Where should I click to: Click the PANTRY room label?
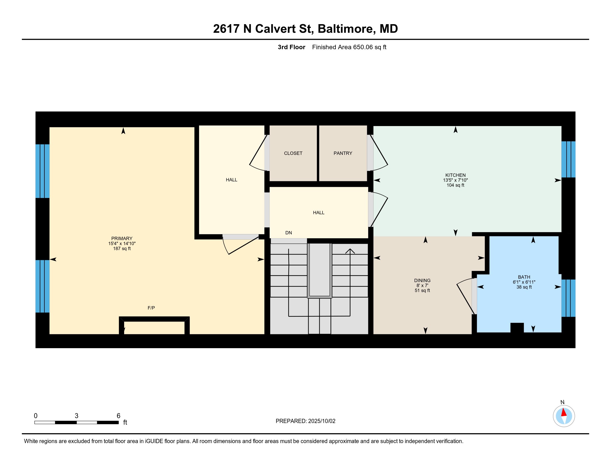pyautogui.click(x=343, y=153)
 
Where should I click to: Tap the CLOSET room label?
pyautogui.click(x=293, y=153)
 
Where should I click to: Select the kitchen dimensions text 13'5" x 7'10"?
pyautogui.click(x=455, y=180)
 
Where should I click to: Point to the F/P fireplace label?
pyautogui.click(x=151, y=308)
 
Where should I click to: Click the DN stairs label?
pyautogui.click(x=289, y=233)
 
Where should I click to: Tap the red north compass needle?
pyautogui.click(x=564, y=413)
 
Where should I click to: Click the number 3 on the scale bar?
pyautogui.click(x=76, y=416)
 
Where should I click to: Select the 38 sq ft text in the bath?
pyautogui.click(x=524, y=287)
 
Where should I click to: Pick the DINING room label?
pyautogui.click(x=422, y=280)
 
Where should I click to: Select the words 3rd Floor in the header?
pyautogui.click(x=291, y=47)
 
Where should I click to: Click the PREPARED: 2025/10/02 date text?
pyautogui.click(x=305, y=421)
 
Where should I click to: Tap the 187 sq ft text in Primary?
pyautogui.click(x=122, y=248)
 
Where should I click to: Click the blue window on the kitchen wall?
pyautogui.click(x=568, y=159)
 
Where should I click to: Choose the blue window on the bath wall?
pyautogui.click(x=568, y=298)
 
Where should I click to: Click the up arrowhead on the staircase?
pyautogui.click(x=350, y=251)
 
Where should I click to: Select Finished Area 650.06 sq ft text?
pyautogui.click(x=349, y=47)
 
